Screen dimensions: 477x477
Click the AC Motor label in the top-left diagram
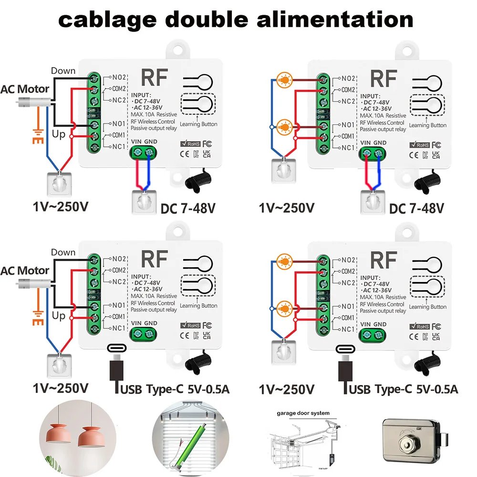tap(25, 89)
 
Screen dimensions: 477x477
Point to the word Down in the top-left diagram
tap(63, 71)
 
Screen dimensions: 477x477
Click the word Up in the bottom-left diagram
tap(59, 315)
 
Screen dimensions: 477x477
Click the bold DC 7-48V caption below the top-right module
tap(416, 208)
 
